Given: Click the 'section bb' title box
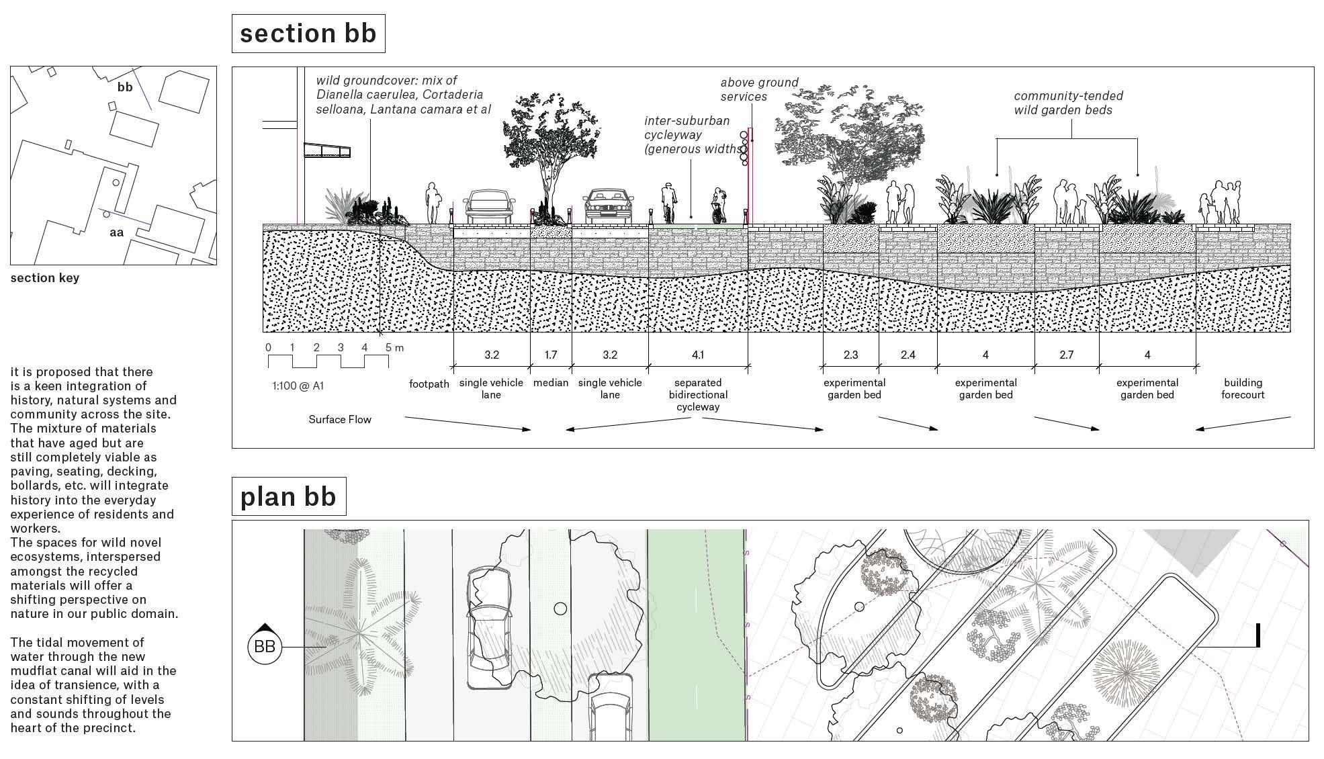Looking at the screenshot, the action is [x=308, y=34].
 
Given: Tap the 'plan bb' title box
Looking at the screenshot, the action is [x=288, y=496].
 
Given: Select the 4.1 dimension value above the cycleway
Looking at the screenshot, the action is [x=698, y=355].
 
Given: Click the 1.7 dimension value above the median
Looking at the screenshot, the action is [x=550, y=355].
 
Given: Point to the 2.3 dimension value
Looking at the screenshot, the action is [x=850, y=355].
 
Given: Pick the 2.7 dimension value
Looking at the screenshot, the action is [x=1066, y=355].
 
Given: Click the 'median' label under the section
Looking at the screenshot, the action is [x=551, y=383].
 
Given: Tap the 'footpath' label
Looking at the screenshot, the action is [x=429, y=384].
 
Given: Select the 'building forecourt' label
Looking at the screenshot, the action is [x=1243, y=388].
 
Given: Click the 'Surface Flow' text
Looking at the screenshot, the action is [x=340, y=419].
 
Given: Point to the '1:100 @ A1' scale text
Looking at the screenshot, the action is [x=298, y=386].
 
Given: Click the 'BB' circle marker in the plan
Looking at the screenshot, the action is [x=265, y=646].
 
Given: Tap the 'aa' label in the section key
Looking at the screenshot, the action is [x=117, y=232].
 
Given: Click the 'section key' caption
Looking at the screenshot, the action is [x=45, y=277].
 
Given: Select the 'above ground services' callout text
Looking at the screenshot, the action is [x=759, y=89].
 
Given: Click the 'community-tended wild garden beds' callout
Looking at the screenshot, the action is [x=1068, y=103].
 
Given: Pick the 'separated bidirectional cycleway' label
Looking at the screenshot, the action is [x=698, y=395].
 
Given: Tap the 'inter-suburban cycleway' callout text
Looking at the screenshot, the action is [x=692, y=134].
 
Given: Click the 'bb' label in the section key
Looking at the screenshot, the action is [x=125, y=87].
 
